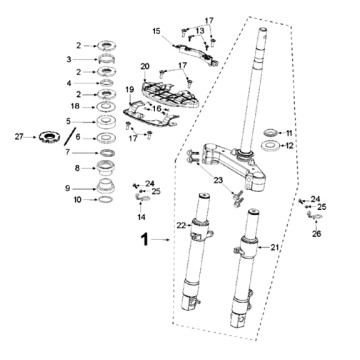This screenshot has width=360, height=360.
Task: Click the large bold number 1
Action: pyautogui.click(x=144, y=239)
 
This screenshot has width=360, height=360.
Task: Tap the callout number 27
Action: pyautogui.click(x=19, y=137)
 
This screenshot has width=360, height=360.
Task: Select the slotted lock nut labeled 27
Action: pyautogui.click(x=49, y=136)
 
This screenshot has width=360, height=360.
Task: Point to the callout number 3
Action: pyautogui.click(x=69, y=60)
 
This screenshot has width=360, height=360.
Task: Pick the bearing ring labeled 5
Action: pyautogui.click(x=106, y=122)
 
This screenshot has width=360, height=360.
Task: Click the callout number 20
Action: pyautogui.click(x=145, y=66)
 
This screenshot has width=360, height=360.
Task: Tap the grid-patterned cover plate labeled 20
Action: pyautogui.click(x=169, y=94)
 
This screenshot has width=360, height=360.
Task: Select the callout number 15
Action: pyautogui.click(x=156, y=31)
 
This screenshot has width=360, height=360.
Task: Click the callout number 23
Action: pyautogui.click(x=218, y=180)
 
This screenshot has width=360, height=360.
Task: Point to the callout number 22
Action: pyautogui.click(x=181, y=226)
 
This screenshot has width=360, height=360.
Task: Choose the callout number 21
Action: pyautogui.click(x=274, y=247)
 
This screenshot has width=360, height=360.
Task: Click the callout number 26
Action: pyautogui.click(x=316, y=234)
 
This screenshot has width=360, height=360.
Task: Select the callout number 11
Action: pyautogui.click(x=289, y=133)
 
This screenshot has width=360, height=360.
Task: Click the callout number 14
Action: pyautogui.click(x=141, y=217)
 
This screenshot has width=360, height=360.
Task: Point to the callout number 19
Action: pyautogui.click(x=130, y=89)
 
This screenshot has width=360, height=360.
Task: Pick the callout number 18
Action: pyautogui.click(x=76, y=107)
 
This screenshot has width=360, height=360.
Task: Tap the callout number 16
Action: pyautogui.click(x=157, y=109)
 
